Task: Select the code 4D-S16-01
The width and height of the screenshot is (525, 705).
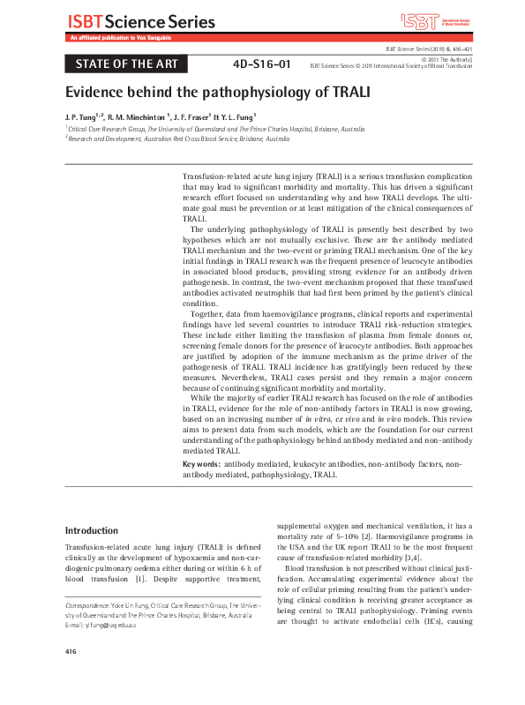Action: (x=261, y=64)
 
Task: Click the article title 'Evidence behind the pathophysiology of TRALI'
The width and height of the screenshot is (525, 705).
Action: (x=217, y=92)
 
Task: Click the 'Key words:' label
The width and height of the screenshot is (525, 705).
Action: (x=201, y=463)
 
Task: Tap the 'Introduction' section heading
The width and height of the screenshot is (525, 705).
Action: (x=92, y=531)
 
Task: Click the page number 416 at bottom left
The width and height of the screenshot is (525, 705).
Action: (x=71, y=676)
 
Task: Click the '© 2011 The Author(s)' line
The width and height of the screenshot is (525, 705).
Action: (x=441, y=58)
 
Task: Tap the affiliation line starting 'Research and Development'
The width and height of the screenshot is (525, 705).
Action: (x=178, y=139)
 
